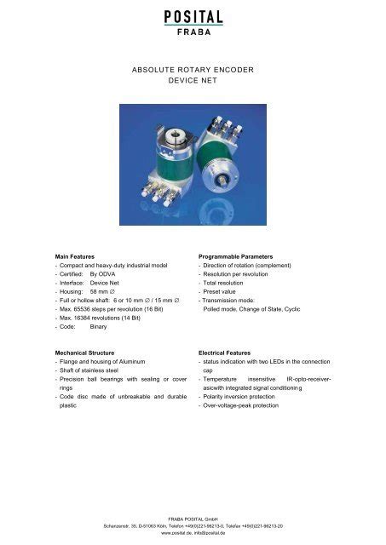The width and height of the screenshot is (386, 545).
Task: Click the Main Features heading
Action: pyautogui.click(x=80, y=255)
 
